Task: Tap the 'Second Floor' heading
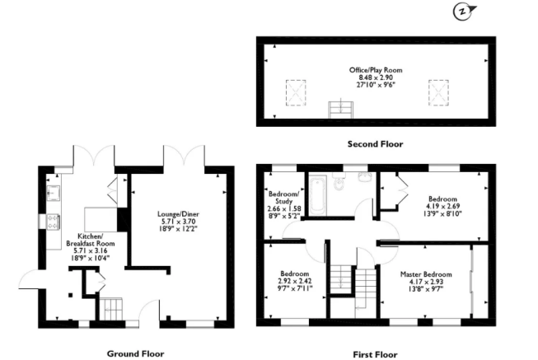tap(375, 143)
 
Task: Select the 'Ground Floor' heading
tap(135, 353)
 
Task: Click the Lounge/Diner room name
tap(176, 214)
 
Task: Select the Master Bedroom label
tap(426, 274)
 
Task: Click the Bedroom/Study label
tap(285, 199)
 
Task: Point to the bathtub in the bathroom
tap(320, 194)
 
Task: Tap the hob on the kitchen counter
tap(53, 221)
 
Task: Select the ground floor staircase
tap(110, 310)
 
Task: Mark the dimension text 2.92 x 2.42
tap(294, 281)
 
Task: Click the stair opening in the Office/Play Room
tap(338, 109)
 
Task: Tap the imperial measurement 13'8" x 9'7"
tap(426, 289)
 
